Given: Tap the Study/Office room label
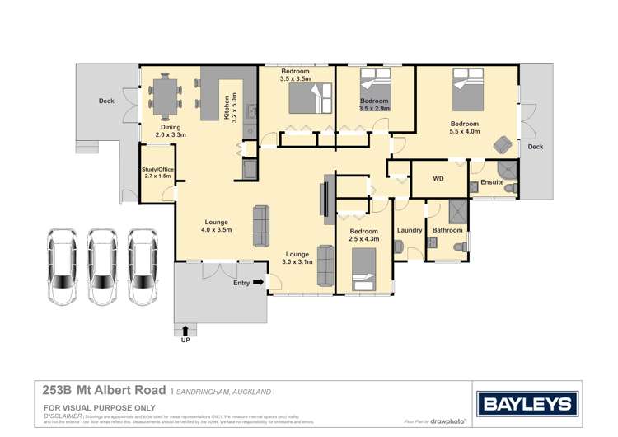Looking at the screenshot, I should click(157, 173).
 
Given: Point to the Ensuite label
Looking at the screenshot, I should click(492, 182).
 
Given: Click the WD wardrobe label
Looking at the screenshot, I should click(438, 179).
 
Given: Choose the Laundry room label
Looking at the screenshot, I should click(409, 230).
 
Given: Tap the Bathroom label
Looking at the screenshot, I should click(448, 230).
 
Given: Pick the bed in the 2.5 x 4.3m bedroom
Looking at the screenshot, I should click(363, 268).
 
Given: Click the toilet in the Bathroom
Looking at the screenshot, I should click(463, 246).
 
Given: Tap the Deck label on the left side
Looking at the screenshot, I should click(106, 101).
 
